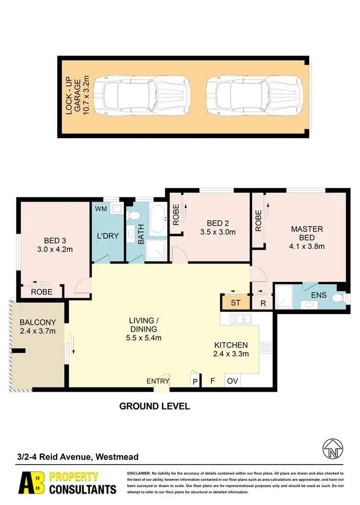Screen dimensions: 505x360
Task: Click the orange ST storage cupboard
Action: (x=235, y=303)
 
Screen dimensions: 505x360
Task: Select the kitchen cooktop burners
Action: (x=265, y=347)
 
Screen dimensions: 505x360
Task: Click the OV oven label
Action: (x=232, y=382)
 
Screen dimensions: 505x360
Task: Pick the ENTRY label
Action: (x=158, y=382)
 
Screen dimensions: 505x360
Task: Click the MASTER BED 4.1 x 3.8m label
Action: (x=307, y=238)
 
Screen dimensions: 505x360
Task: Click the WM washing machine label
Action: (x=101, y=209)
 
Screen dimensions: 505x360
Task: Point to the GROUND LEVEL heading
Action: (x=155, y=406)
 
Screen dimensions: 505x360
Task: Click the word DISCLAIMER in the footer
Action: (x=139, y=473)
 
